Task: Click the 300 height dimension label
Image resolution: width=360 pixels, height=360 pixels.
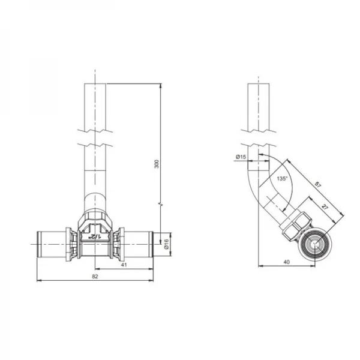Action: (x=157, y=164)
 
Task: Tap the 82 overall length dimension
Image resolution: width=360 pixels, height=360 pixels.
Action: (x=95, y=277)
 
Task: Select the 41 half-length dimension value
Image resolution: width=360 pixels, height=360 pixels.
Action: (x=124, y=265)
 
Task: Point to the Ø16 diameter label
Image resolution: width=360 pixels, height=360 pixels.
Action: (x=166, y=244)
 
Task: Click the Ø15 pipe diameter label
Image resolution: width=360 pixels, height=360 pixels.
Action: (x=241, y=157)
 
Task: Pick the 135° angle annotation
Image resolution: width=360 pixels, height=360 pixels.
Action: (x=282, y=178)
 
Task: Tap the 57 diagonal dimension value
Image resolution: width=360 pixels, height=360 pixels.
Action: (x=317, y=185)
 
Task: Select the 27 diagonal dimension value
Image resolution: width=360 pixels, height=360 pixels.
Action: (x=324, y=206)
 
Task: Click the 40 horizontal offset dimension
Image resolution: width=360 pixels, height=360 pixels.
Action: (x=287, y=262)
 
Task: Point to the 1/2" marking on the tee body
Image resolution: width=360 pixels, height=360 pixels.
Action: (x=95, y=236)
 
